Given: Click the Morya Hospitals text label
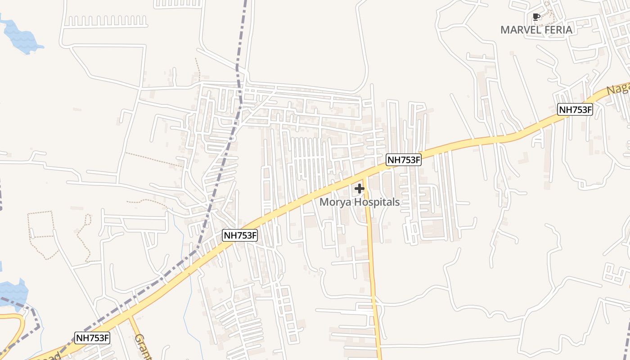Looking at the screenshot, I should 360,202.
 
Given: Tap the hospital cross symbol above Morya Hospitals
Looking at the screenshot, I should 360,189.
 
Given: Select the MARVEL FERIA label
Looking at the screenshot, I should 536,30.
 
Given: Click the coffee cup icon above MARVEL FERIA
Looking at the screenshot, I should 536,17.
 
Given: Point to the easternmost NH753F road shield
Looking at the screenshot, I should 575,109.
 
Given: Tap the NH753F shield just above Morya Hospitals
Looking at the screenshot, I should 404,159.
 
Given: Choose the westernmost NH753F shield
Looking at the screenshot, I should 92,338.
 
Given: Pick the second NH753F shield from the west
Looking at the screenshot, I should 240,235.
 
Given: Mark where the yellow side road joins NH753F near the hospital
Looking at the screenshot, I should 364,177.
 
